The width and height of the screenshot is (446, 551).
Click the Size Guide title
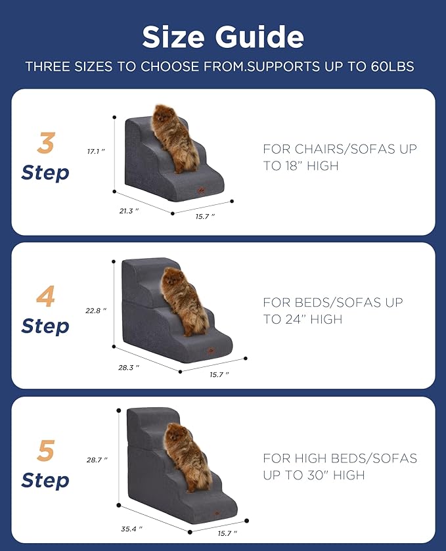pos(223,37)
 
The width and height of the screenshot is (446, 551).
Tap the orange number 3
pos(45,143)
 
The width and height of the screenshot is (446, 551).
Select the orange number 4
pos(45,297)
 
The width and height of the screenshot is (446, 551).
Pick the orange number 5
pos(45,451)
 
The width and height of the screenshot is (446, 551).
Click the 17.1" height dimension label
pos(96,151)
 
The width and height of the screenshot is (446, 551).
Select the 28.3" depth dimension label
pos(129,367)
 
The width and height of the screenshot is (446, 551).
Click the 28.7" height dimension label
pos(97,460)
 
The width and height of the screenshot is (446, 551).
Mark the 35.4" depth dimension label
pos(131,527)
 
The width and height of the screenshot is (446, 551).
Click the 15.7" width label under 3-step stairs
pos(204,216)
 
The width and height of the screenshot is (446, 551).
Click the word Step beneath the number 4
pos(45,326)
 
